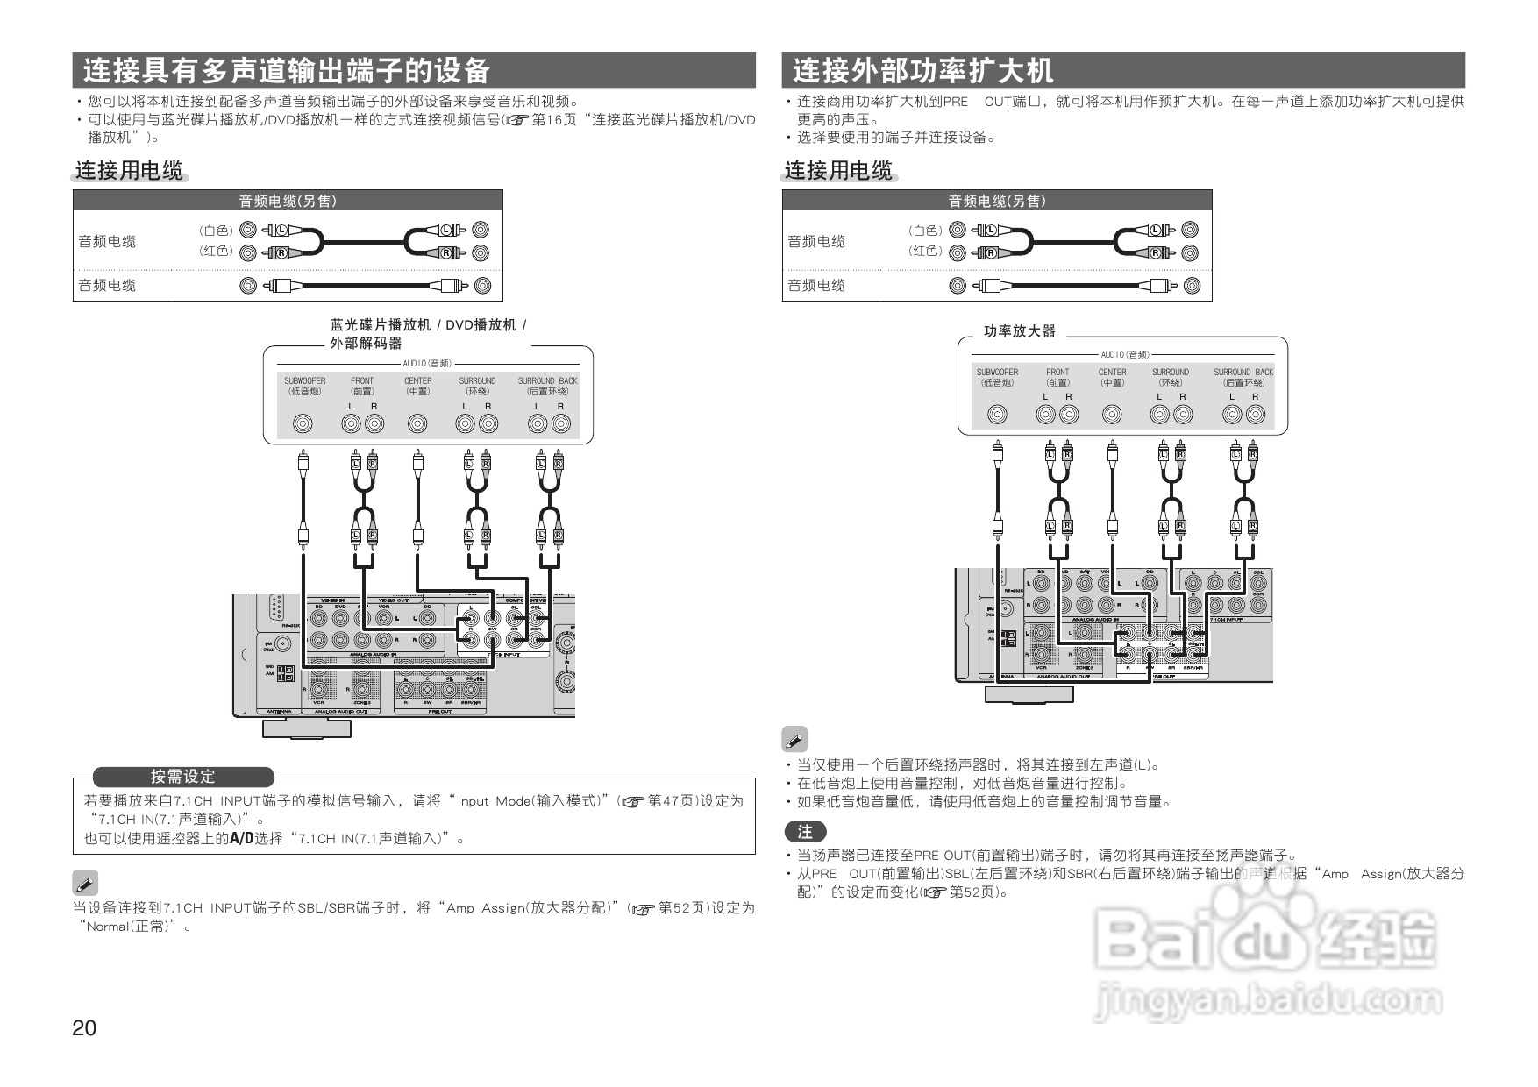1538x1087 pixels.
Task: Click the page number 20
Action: tap(84, 1028)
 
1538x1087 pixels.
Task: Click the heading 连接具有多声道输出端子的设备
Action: tap(286, 70)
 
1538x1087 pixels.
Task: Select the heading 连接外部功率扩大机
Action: tap(922, 70)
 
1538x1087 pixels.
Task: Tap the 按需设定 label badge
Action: tap(182, 777)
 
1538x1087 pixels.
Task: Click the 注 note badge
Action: tap(805, 831)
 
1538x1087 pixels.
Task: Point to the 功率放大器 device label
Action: tap(1019, 331)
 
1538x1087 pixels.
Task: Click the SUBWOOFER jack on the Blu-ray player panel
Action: tap(303, 424)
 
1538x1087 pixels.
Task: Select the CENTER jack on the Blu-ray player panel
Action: tap(417, 424)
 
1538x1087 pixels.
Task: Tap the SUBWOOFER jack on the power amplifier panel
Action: tap(997, 415)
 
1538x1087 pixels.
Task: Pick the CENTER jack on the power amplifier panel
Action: tap(1112, 415)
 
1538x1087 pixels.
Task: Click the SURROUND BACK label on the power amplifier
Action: tap(1243, 377)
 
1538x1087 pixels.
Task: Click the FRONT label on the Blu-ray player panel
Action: tap(362, 386)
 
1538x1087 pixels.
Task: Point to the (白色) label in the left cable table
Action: tap(216, 231)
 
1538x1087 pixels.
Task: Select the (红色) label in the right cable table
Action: tap(925, 252)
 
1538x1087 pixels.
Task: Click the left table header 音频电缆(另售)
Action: tap(288, 201)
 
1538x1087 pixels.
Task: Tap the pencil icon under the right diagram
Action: tap(794, 739)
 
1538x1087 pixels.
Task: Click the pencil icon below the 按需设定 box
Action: tap(85, 883)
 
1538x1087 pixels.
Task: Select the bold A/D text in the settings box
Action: tap(241, 838)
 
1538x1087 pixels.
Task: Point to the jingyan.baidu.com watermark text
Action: tap(1268, 1000)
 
